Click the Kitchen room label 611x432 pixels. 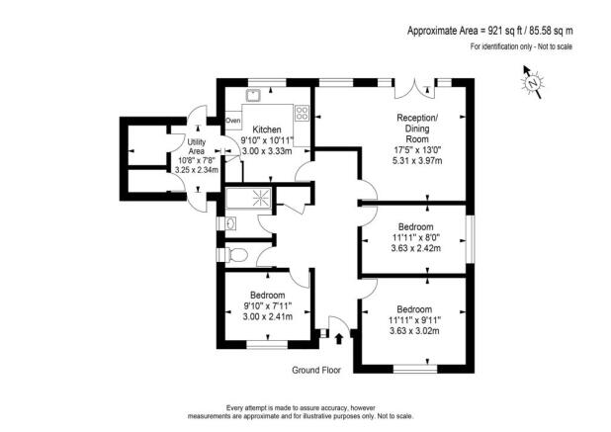tap(267, 130)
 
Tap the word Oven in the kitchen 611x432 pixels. tap(233, 121)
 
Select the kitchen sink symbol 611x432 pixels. tap(254, 95)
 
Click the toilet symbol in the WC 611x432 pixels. tap(233, 255)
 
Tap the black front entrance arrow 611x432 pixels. tap(340, 338)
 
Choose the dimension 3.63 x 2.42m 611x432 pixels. tap(413, 248)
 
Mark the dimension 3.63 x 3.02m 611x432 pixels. tap(413, 330)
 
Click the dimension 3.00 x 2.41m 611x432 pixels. tap(267, 317)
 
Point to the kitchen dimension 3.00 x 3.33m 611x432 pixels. tap(267, 152)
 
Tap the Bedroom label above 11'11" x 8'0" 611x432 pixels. tap(413, 224)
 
